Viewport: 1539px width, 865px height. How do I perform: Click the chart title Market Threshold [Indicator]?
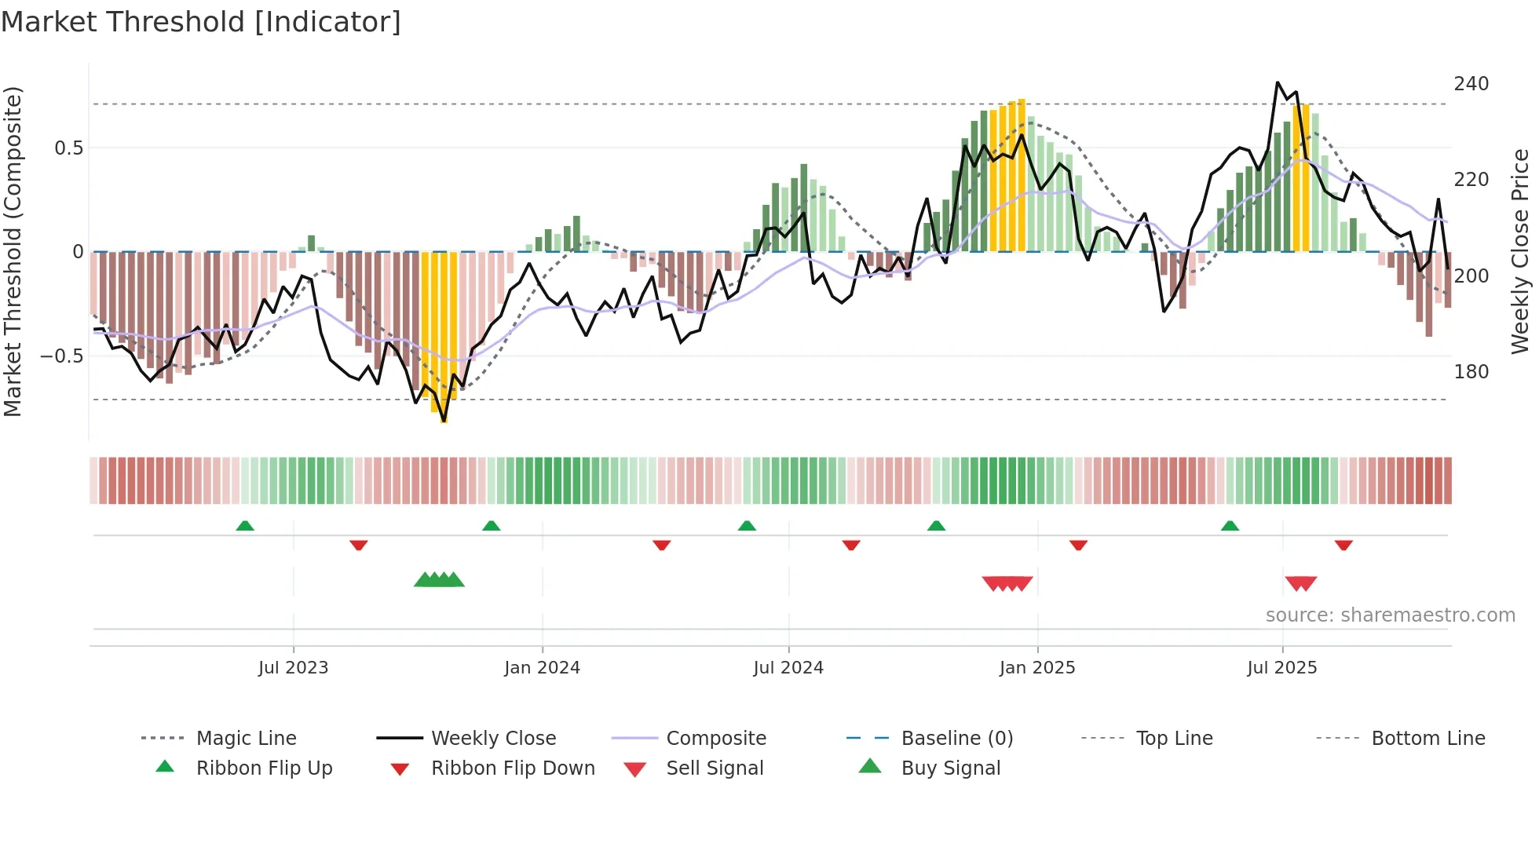201,22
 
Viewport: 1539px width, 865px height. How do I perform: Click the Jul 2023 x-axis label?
293,668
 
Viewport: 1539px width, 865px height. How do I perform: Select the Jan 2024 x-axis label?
542,668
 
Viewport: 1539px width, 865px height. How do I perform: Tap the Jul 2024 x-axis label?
788,668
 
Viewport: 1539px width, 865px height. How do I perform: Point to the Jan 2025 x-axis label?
1037,668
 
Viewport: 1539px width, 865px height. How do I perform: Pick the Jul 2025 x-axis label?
1282,668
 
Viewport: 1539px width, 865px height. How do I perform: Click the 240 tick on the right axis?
1471,84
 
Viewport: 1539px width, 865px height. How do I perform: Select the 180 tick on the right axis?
1471,372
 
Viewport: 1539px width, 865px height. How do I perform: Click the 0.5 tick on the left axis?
68,148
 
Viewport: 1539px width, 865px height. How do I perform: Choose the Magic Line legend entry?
246,739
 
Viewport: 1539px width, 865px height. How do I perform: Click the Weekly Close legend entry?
493,739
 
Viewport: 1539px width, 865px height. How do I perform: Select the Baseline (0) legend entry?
956,739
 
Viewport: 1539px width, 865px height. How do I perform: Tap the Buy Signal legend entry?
950,768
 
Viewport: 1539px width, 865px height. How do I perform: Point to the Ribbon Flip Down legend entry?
513,768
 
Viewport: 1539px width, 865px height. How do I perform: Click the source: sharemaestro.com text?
1390,615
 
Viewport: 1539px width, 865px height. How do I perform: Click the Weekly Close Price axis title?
1520,251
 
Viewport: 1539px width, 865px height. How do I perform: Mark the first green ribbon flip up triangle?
245,526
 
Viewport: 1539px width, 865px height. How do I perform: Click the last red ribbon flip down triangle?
1343,545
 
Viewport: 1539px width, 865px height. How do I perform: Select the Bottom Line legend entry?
1428,739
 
